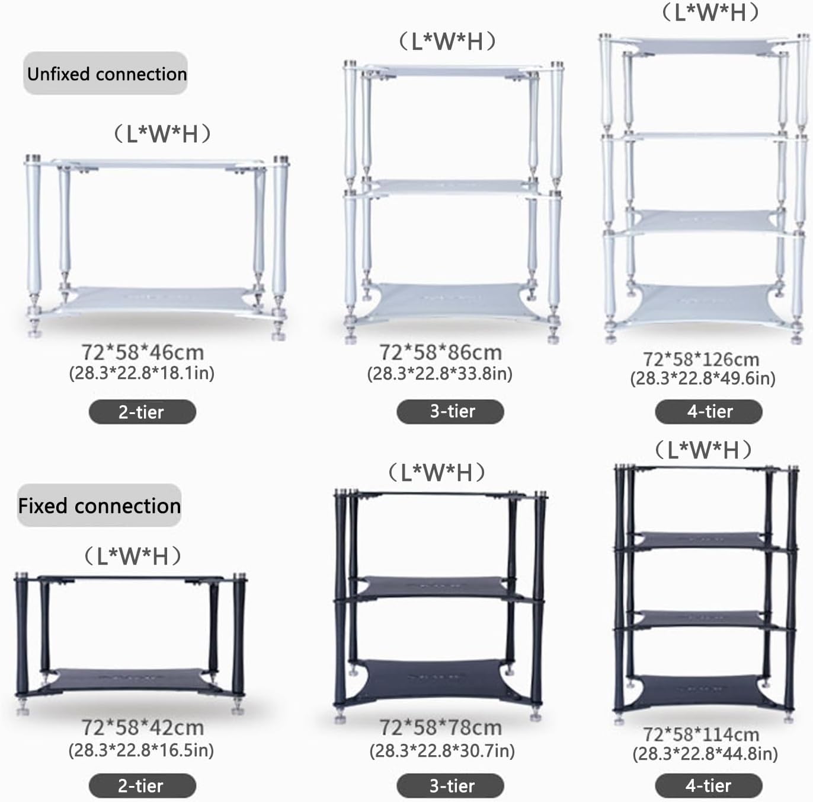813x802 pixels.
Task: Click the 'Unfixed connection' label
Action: pyautogui.click(x=106, y=74)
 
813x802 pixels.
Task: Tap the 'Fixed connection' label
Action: pyautogui.click(x=99, y=505)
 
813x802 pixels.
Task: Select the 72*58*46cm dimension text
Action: pyautogui.click(x=142, y=352)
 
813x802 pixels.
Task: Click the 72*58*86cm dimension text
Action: pyautogui.click(x=440, y=352)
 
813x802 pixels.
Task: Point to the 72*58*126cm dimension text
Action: pyautogui.click(x=701, y=359)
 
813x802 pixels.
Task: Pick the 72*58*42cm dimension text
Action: pyautogui.click(x=142, y=727)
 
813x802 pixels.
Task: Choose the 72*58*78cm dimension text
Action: pyautogui.click(x=440, y=727)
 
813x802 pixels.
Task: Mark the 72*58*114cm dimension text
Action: pyautogui.click(x=701, y=734)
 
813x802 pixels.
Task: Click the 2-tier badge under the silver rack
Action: pyautogui.click(x=142, y=412)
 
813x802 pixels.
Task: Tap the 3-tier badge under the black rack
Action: pyautogui.click(x=451, y=786)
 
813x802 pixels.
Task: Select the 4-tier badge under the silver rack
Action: pyautogui.click(x=709, y=411)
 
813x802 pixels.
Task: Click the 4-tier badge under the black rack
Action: pyautogui.click(x=708, y=786)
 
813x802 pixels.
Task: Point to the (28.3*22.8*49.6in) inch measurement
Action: pyautogui.click(x=703, y=378)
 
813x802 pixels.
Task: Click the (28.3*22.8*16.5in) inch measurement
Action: pyautogui.click(x=141, y=750)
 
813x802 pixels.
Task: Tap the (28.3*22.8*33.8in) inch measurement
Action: pyautogui.click(x=440, y=374)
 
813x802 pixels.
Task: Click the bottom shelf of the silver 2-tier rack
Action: pyautogui.click(x=157, y=300)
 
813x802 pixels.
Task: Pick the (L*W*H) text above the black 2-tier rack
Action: pyautogui.click(x=132, y=556)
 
